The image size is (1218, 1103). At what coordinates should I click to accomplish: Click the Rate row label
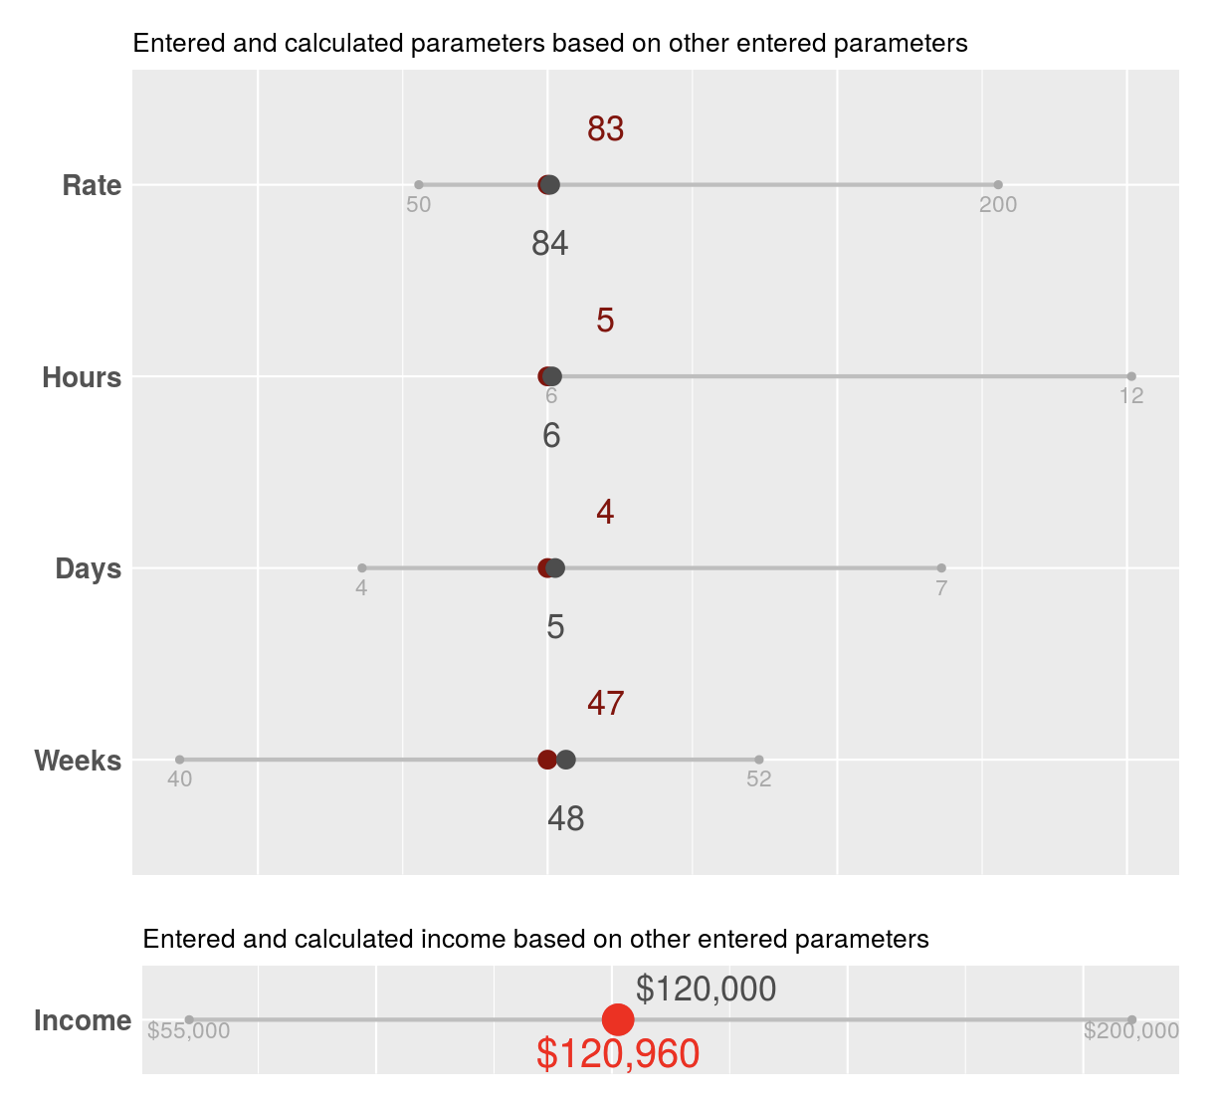tap(92, 186)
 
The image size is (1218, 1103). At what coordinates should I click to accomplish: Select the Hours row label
tap(82, 378)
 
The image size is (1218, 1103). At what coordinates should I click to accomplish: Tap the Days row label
tap(88, 569)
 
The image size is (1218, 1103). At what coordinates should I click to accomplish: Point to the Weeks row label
tap(78, 762)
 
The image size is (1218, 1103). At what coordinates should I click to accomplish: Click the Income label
tap(83, 1021)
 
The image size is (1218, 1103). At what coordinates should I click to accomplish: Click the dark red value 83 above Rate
tap(605, 129)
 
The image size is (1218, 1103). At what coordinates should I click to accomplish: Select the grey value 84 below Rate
tap(549, 244)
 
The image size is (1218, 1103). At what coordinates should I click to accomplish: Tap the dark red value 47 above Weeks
tap(605, 704)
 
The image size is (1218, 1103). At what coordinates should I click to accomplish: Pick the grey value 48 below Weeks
tap(565, 819)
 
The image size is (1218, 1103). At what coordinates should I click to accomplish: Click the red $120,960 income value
tap(617, 1054)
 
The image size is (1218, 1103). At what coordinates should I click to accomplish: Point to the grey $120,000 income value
tap(706, 990)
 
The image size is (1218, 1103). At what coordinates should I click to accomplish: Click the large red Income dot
tap(618, 1019)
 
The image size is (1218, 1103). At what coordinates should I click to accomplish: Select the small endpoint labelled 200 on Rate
tap(998, 184)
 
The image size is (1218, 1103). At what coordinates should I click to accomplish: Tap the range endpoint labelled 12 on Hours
tap(1131, 376)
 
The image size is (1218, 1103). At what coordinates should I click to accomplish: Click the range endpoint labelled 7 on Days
tap(941, 567)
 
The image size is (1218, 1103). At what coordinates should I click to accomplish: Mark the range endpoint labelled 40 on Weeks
tap(179, 760)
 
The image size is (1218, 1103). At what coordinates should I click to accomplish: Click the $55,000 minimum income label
tap(188, 1032)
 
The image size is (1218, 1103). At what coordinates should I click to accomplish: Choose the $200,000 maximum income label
tap(1130, 1032)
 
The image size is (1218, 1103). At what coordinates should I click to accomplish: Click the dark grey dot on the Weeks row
tap(566, 760)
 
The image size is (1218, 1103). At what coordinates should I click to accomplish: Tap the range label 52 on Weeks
tap(758, 779)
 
